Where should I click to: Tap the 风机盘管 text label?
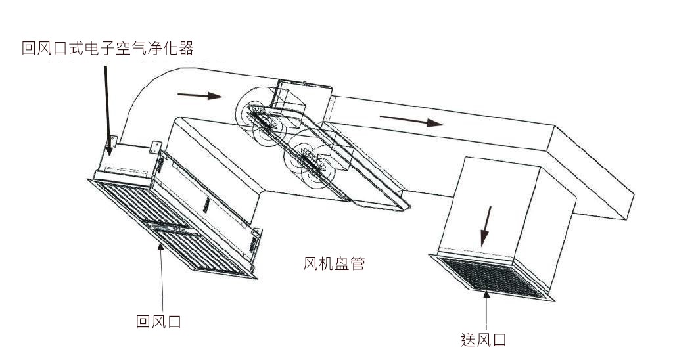pos(334,264)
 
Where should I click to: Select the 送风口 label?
pos(484,340)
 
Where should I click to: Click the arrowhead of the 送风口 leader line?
pos(486,294)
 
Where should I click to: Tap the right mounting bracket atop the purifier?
pos(156,146)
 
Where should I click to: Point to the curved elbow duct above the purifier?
pos(151,99)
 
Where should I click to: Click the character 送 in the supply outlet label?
pos(469,340)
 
